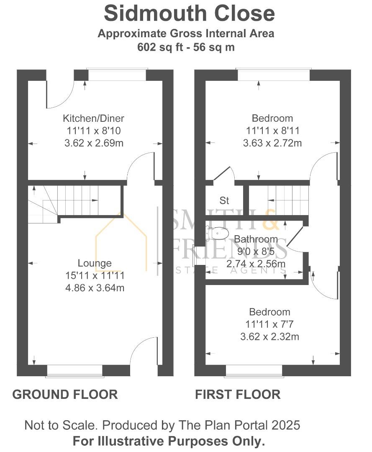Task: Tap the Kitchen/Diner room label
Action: coord(93,118)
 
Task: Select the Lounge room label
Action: coord(95,263)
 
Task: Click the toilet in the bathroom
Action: coord(218,232)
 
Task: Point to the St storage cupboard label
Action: coord(224,200)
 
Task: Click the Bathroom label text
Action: coord(256,239)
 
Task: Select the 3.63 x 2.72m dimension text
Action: coord(272,143)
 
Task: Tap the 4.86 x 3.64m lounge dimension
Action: coord(95,288)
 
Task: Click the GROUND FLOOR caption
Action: coord(65,394)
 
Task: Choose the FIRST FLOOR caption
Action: coord(238,394)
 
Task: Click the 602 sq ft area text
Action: coord(186,47)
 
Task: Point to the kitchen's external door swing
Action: coord(59,93)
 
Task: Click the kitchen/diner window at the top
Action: coord(117,75)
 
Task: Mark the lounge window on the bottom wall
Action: coord(74,371)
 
